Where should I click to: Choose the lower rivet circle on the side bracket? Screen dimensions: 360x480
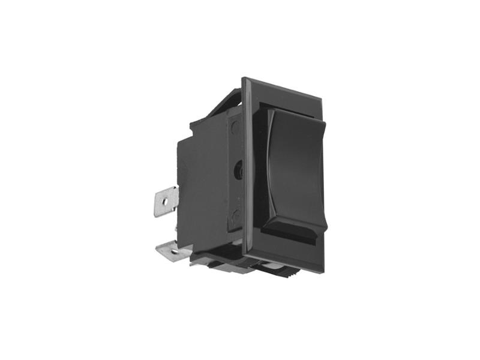coord(236,214)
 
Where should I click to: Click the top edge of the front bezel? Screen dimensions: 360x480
coord(282,87)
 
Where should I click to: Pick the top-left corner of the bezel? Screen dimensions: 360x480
coord(244,79)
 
